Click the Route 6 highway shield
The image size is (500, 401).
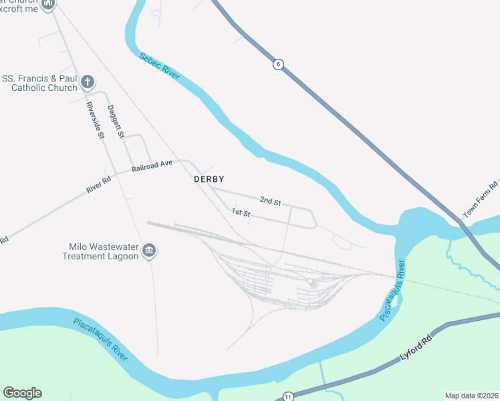[x=278, y=64]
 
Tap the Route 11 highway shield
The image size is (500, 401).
[x=287, y=396]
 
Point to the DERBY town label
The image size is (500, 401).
[x=209, y=179]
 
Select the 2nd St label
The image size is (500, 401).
[x=270, y=200]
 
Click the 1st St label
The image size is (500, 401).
[x=241, y=213]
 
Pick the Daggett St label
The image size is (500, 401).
[x=116, y=121]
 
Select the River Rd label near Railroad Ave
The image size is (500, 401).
[x=98, y=185]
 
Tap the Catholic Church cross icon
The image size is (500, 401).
[x=87, y=82]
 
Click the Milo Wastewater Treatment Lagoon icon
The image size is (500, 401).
[x=149, y=251]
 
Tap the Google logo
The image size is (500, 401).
[x=22, y=393]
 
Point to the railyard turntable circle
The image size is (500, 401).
[x=310, y=283]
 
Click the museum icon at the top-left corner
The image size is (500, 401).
[x=47, y=5]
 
